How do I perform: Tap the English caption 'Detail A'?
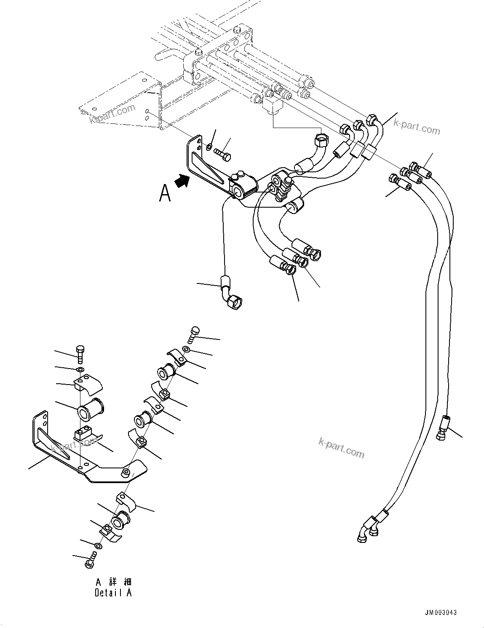coord(113,593)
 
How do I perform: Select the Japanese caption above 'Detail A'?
coord(113,582)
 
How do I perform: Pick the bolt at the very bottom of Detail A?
coord(89,563)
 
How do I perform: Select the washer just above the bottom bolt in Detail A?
coord(98,546)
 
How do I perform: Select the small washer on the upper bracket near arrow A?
coord(209,147)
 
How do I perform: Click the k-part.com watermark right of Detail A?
coord(341,447)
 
